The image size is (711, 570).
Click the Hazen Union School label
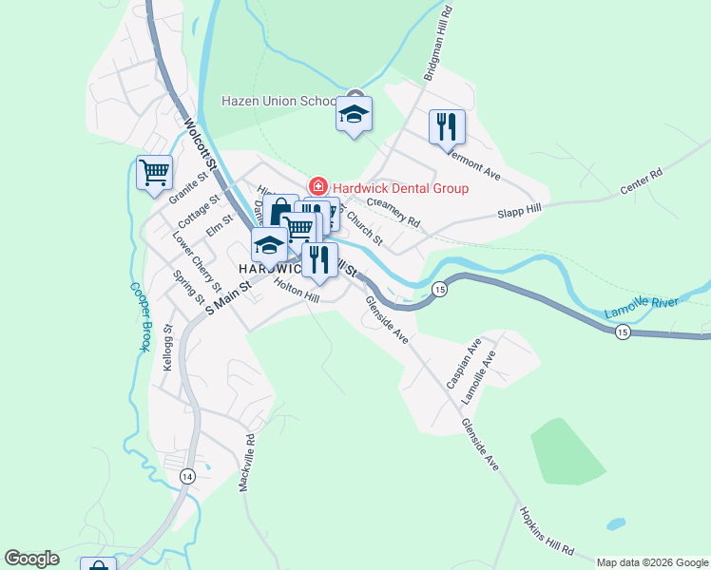point(279,101)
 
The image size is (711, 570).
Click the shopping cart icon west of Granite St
point(153,173)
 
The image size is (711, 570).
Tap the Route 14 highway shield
point(188,476)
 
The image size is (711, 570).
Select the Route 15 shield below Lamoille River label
point(622,332)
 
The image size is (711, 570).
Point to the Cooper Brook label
point(138,316)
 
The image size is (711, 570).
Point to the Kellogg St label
point(168,347)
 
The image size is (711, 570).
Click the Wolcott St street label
point(202,144)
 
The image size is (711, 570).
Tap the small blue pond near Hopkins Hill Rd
point(616,523)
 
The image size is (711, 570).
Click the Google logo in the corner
point(31,559)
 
